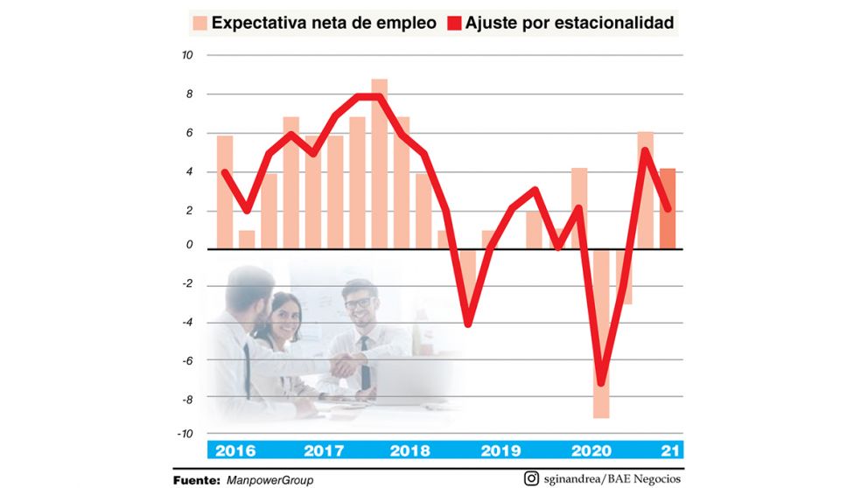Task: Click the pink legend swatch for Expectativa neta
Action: pyautogui.click(x=199, y=24)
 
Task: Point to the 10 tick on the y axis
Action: pyautogui.click(x=186, y=54)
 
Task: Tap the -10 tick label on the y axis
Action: pyautogui.click(x=185, y=434)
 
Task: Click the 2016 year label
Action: pyautogui.click(x=235, y=451)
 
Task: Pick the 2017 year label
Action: pyautogui.click(x=325, y=451)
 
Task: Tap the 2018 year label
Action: pyautogui.click(x=409, y=451)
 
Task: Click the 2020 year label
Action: pyautogui.click(x=592, y=451)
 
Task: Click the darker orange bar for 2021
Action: pyautogui.click(x=667, y=210)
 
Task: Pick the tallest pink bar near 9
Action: pyautogui.click(x=379, y=157)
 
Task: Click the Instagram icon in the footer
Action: pyautogui.click(x=531, y=478)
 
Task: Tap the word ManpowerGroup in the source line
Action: pyautogui.click(x=269, y=480)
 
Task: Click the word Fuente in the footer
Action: pyautogui.click(x=197, y=480)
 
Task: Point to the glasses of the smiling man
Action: pyautogui.click(x=357, y=303)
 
